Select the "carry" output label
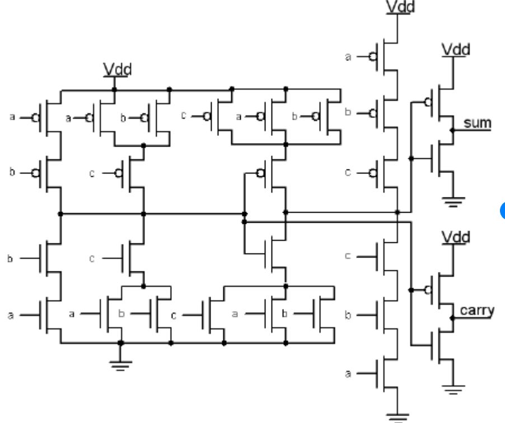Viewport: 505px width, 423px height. (x=476, y=311)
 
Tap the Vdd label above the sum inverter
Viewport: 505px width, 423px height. (x=455, y=49)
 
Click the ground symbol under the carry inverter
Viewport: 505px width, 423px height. (x=453, y=389)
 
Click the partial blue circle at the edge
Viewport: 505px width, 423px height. (x=502, y=210)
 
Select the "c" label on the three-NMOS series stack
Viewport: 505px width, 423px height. (x=348, y=255)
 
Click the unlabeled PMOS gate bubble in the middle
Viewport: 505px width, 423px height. (x=259, y=172)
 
